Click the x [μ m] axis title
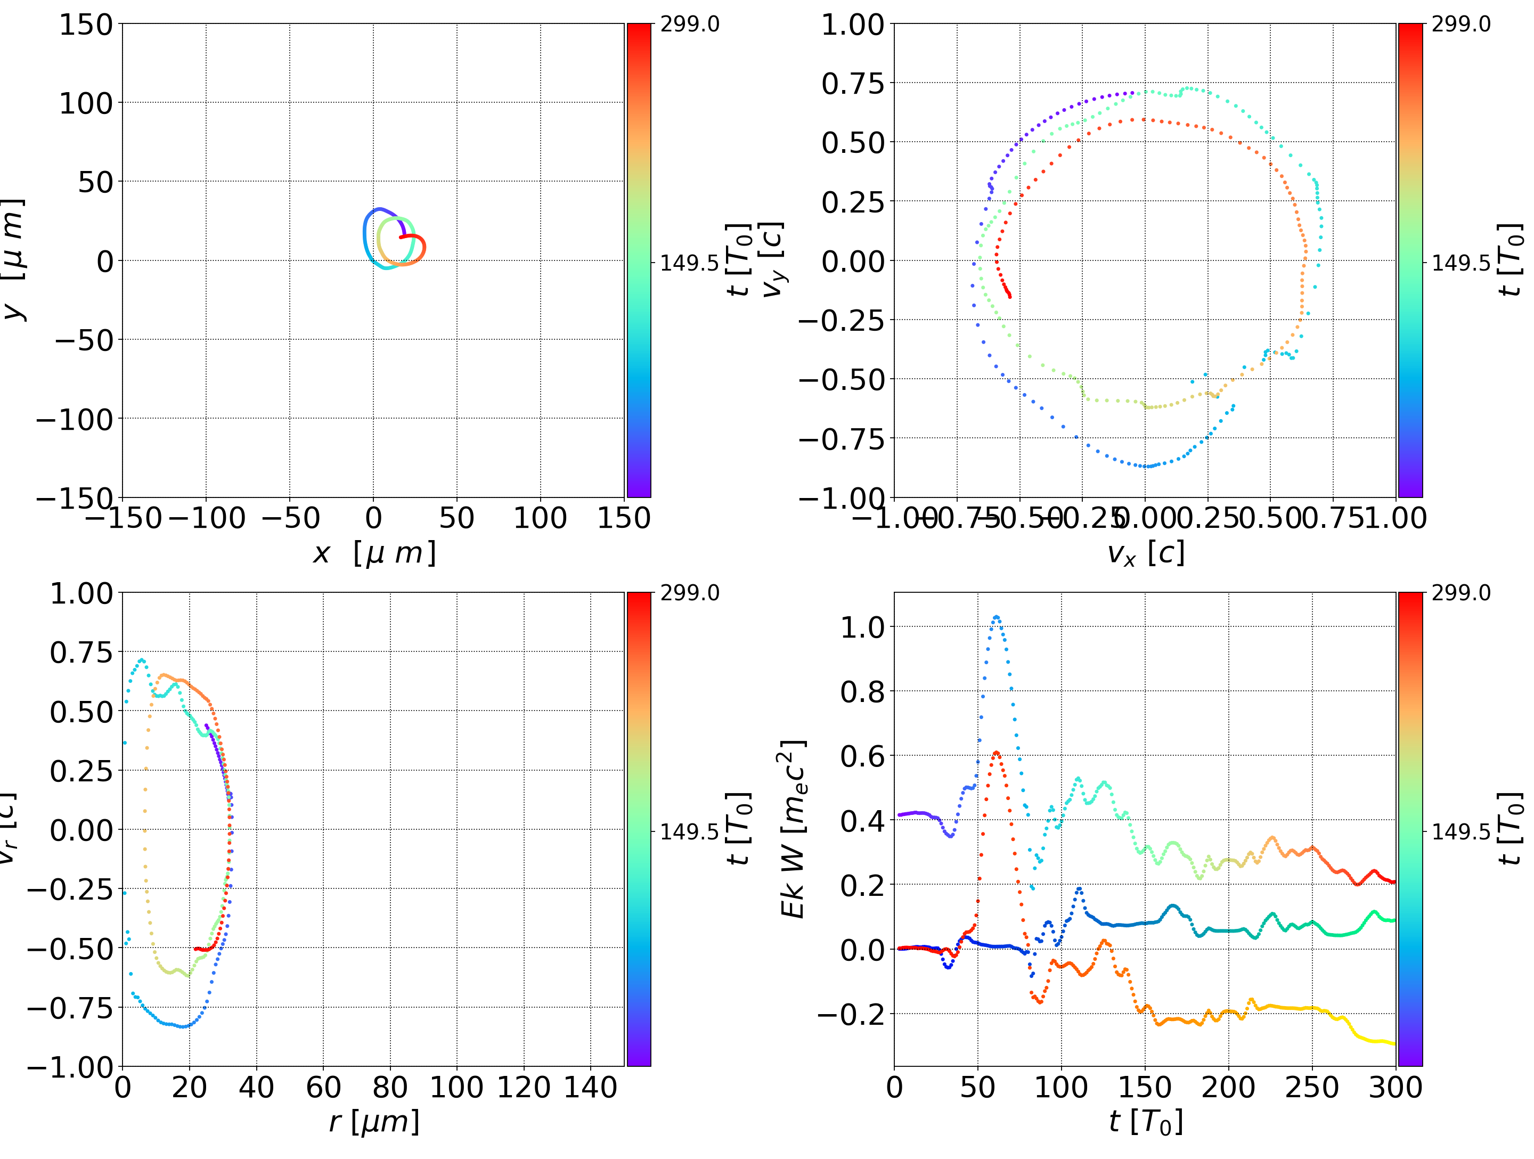click(x=374, y=553)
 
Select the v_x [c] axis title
click(x=1145, y=553)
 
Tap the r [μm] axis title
click(x=374, y=1122)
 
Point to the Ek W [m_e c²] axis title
click(x=793, y=829)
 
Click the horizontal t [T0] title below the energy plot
click(x=1145, y=1122)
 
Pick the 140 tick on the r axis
click(x=590, y=1088)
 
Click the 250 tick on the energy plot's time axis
click(x=1311, y=1088)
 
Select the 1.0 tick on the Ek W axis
click(x=862, y=627)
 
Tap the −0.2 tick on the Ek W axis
click(x=851, y=1015)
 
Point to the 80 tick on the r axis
click(x=390, y=1088)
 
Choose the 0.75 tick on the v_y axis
click(x=853, y=83)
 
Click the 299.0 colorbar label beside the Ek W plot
click(x=1460, y=593)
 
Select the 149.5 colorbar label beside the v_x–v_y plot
click(x=1460, y=263)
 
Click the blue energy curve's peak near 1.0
click(x=997, y=617)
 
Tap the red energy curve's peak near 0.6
click(x=997, y=753)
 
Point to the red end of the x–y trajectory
click(x=401, y=237)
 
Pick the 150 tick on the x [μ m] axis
click(x=623, y=518)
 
